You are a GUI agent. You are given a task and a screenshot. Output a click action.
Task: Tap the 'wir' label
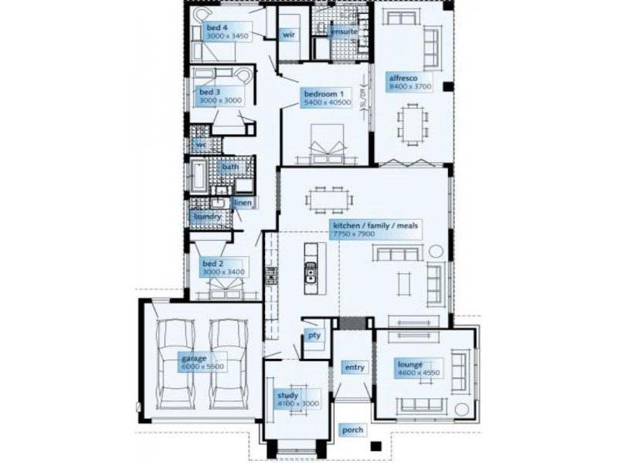pyautogui.click(x=289, y=35)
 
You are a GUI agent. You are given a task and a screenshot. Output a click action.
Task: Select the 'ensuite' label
pyautogui.click(x=342, y=32)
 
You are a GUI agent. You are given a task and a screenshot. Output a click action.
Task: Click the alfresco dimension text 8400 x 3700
pyautogui.click(x=410, y=87)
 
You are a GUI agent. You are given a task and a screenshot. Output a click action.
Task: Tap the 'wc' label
pyautogui.click(x=200, y=144)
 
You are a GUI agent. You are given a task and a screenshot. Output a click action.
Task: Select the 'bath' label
pyautogui.click(x=230, y=167)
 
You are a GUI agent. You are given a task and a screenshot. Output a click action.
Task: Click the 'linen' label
pyautogui.click(x=242, y=203)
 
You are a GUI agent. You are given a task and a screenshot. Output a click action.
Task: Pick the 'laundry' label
pyautogui.click(x=207, y=217)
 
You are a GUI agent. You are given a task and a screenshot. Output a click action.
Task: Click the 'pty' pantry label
pyautogui.click(x=314, y=335)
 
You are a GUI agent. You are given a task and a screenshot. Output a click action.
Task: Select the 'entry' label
pyautogui.click(x=355, y=367)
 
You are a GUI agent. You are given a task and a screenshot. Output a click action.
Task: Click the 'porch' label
pyautogui.click(x=353, y=430)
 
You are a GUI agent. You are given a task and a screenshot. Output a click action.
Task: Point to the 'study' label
pyautogui.click(x=287, y=396)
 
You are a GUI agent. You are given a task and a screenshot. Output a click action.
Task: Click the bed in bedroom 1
pyautogui.click(x=324, y=142)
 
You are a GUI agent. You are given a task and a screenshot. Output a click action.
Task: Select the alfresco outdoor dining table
pyautogui.click(x=410, y=124)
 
